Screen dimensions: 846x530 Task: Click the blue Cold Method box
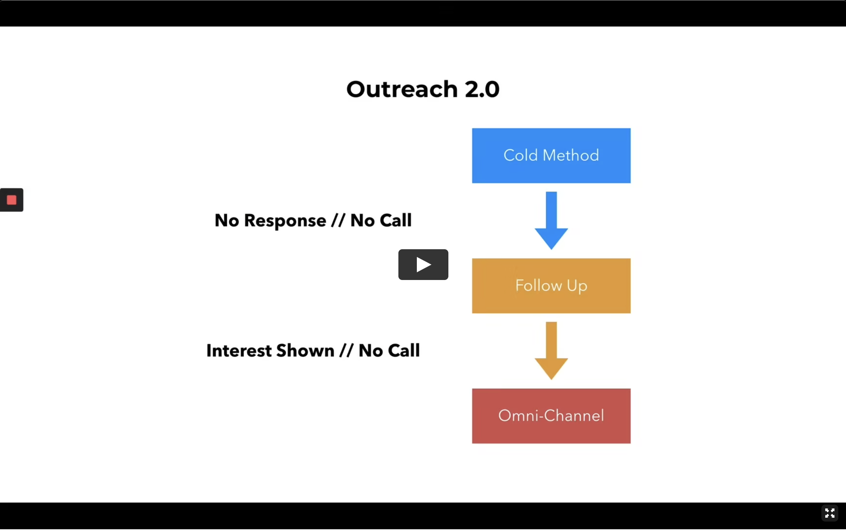click(551, 155)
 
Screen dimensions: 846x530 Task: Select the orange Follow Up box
click(551, 286)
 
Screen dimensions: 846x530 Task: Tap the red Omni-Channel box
click(551, 416)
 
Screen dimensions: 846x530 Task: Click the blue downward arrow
click(551, 220)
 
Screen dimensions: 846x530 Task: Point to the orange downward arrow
click(551, 351)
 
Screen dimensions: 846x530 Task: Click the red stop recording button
click(12, 200)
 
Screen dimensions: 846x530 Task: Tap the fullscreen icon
click(829, 513)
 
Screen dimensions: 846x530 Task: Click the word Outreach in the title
click(402, 89)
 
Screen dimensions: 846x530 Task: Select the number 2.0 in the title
click(482, 89)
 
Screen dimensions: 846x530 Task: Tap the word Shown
click(305, 351)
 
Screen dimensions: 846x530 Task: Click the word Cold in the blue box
click(520, 155)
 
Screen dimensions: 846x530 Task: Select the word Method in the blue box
click(571, 155)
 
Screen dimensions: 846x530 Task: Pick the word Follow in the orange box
click(538, 286)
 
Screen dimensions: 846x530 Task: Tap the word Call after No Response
click(395, 220)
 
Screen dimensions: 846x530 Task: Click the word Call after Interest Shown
click(404, 351)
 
